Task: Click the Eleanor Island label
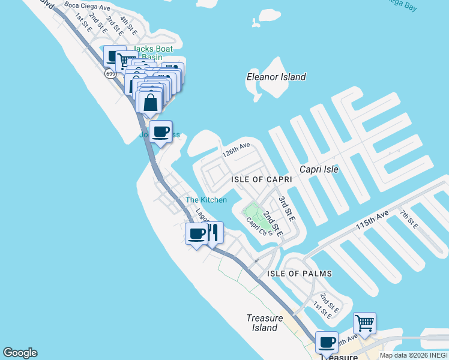[x=276, y=77]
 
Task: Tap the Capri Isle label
[x=319, y=169]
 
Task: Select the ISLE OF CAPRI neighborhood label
[x=261, y=179]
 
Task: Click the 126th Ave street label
[x=236, y=150]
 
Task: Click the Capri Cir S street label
[x=259, y=226]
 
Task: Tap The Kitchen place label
[x=206, y=200]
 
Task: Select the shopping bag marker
[x=150, y=101]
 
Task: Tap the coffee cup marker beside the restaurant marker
[x=196, y=233]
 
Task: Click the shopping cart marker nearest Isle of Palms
[x=364, y=323]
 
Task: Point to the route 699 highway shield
[x=110, y=74]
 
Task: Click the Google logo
[x=20, y=353]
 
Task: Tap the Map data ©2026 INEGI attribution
[x=413, y=355]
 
